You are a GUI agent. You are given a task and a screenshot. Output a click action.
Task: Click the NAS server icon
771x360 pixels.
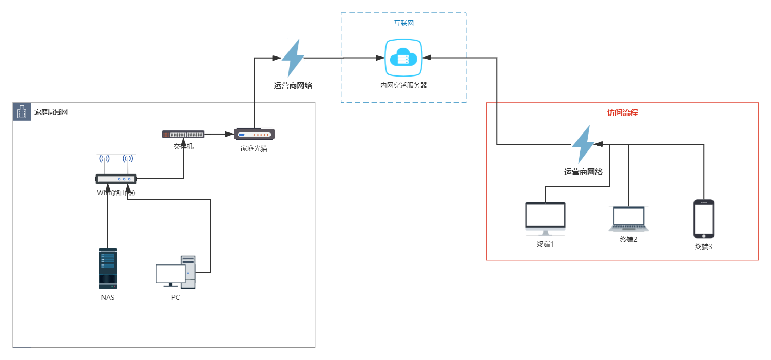point(108,268)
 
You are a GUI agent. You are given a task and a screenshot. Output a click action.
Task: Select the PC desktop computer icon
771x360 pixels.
point(176,272)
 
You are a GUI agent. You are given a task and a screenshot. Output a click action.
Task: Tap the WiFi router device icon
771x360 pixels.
point(116,178)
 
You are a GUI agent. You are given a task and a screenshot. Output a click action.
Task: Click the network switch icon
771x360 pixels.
point(183,134)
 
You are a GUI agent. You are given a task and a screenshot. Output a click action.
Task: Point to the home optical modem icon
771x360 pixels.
point(254,134)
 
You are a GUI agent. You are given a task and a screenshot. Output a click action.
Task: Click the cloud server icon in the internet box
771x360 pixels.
point(403,58)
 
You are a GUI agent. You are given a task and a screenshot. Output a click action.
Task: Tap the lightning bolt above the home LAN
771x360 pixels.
point(293,58)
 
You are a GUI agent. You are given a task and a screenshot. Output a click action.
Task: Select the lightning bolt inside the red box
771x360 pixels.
point(583,144)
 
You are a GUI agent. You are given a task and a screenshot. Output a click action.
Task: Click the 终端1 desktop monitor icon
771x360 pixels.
point(545,217)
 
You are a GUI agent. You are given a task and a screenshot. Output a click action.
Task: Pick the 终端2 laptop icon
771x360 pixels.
point(628,219)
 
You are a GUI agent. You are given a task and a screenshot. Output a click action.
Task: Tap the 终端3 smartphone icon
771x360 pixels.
point(704,219)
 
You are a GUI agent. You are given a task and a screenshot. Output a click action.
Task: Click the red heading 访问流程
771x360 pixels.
point(622,112)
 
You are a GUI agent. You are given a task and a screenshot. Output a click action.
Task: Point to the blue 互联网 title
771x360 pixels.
point(403,23)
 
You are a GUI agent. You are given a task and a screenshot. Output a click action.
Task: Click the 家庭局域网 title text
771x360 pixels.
point(51,112)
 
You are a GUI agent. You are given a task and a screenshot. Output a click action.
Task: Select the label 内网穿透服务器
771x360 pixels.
point(403,85)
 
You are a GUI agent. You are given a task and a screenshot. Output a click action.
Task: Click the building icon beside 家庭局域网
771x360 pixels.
point(22,111)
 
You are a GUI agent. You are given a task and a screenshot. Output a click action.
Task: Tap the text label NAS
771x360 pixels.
point(108,297)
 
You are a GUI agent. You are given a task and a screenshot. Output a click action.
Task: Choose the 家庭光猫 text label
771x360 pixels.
point(254,148)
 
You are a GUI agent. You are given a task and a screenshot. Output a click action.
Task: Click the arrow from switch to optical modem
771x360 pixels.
point(219,134)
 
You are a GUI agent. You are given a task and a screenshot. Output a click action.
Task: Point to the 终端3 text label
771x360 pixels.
point(704,247)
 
